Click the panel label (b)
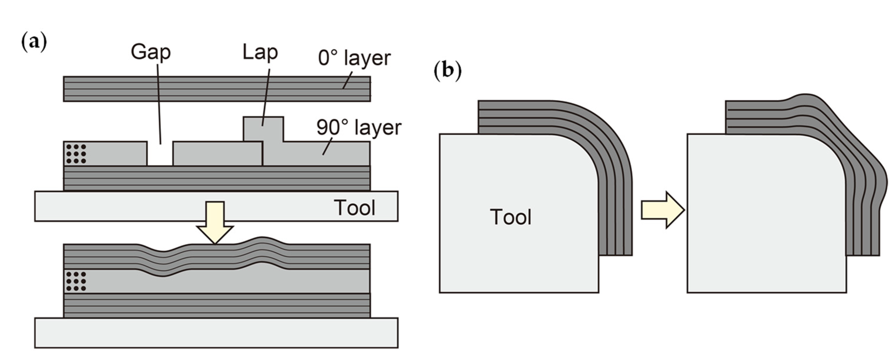(448, 72)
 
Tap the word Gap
(151, 52)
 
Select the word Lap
(260, 52)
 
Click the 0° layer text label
(354, 58)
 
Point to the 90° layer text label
(358, 128)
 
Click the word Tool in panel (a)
(354, 208)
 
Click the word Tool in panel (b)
(510, 217)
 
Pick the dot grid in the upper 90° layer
(76, 153)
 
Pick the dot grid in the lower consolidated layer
(76, 281)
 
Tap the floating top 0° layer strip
(217, 89)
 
